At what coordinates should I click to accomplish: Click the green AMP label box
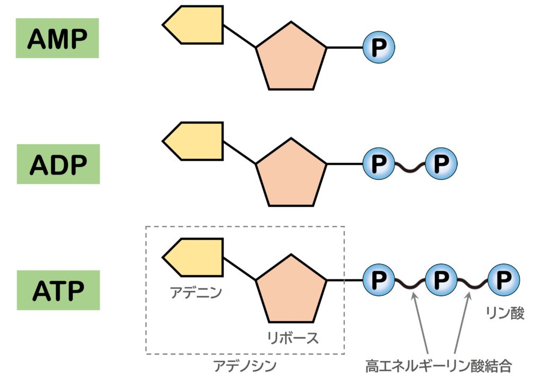[x=57, y=38]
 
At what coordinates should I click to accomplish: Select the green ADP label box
[x=58, y=164]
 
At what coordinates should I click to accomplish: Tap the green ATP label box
[x=58, y=290]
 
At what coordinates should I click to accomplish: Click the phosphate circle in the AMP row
[x=379, y=48]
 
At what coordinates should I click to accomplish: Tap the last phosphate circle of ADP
[x=441, y=164]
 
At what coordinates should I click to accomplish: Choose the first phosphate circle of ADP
[x=379, y=164]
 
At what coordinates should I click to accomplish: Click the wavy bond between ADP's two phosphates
[x=410, y=167]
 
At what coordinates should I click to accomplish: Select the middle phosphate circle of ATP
[x=441, y=279]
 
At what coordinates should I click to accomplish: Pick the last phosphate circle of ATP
[x=503, y=279]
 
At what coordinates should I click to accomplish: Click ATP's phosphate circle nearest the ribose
[x=379, y=279]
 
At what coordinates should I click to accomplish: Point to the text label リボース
[x=293, y=338]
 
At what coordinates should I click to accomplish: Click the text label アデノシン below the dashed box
[x=245, y=365]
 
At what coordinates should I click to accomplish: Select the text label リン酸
[x=505, y=313]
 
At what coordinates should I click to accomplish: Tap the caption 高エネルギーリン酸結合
[x=440, y=365]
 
